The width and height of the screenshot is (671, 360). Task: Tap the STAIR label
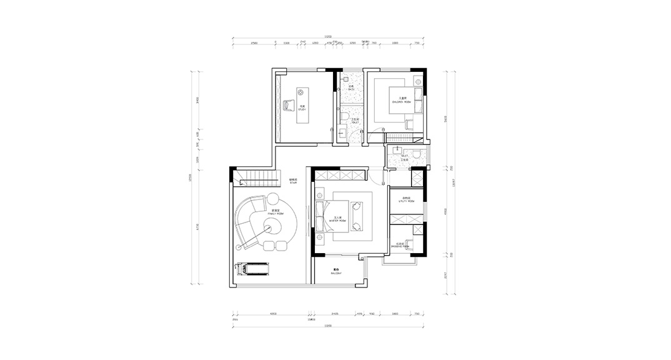(292, 182)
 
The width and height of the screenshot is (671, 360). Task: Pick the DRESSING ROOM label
(400, 246)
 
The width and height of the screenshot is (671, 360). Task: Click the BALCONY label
(336, 272)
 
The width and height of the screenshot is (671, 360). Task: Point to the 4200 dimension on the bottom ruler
(274, 315)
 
